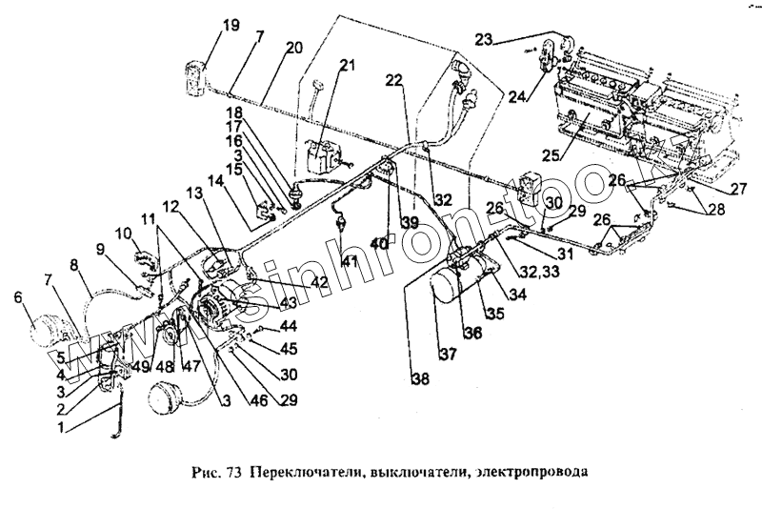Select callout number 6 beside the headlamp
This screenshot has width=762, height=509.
point(16,297)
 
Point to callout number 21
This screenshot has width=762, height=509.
point(347,66)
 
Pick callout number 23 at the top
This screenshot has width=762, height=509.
point(485,39)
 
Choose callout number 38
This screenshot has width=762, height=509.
point(420,378)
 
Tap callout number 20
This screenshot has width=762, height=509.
point(293,47)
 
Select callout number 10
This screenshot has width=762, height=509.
point(124,234)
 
